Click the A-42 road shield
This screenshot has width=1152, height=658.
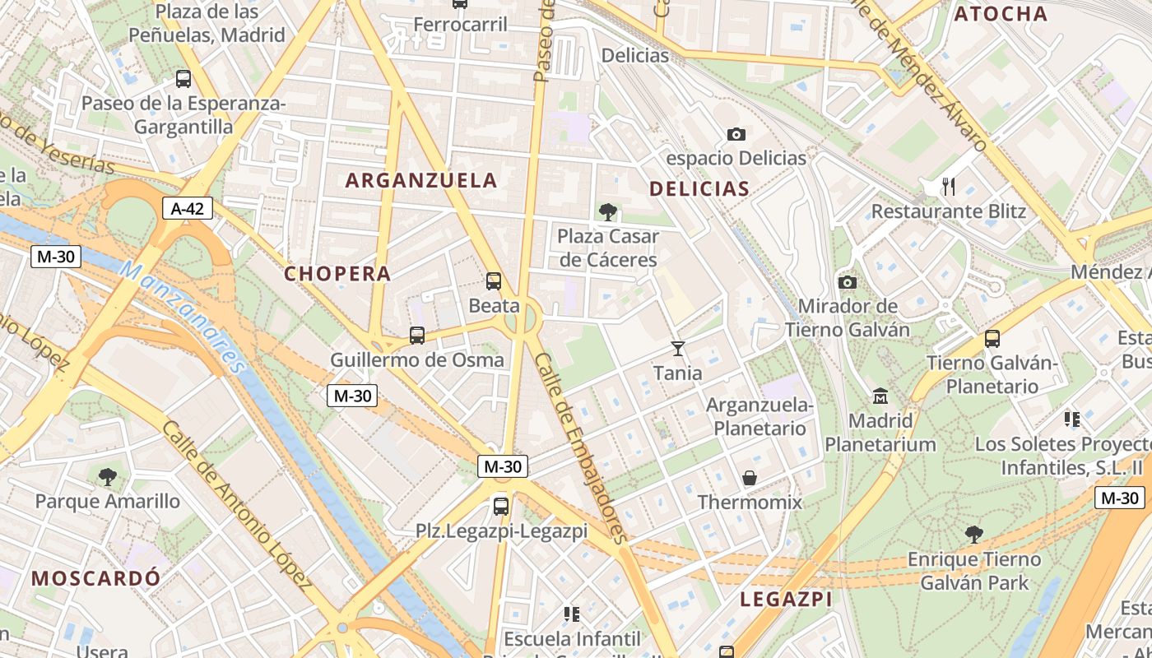187,209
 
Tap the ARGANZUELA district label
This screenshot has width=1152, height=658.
421,180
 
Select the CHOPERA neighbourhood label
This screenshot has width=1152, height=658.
337,274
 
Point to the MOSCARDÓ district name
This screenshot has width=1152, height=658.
96,578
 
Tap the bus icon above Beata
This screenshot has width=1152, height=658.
494,281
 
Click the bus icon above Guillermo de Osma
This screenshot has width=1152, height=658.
417,336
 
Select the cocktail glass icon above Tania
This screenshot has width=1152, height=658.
677,349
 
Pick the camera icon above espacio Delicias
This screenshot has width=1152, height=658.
736,134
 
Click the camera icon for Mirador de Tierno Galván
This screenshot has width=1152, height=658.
847,283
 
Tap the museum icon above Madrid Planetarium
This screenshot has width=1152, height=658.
880,396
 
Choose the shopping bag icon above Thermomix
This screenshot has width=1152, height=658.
750,478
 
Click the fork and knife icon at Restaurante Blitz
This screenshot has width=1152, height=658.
949,187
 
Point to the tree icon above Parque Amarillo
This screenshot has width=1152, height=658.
107,476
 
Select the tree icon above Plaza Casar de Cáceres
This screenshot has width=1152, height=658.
608,212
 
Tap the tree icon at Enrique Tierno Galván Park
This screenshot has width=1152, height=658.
973,535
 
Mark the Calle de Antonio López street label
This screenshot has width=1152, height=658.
237,507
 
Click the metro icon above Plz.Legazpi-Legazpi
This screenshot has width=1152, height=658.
501,506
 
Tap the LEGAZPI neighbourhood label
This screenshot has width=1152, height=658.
786,599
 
